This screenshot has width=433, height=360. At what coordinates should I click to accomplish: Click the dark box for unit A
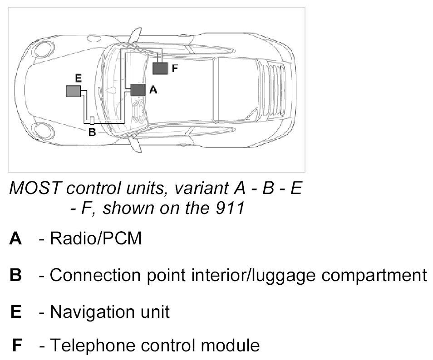pos(138,90)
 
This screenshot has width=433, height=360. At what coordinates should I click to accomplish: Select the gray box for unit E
pos(73,91)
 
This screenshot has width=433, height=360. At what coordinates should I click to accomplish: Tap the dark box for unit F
pos(160,68)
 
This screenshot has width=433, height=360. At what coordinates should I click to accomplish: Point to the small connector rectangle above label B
pos(92,120)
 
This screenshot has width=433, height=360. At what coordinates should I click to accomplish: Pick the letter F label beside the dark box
pos(175,68)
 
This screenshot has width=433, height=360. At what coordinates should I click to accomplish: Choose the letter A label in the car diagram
pos(153,90)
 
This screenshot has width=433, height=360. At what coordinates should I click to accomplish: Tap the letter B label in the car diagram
pos(92,132)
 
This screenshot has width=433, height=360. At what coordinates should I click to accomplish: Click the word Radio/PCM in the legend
pos(96,238)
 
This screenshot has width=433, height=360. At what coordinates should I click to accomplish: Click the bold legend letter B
pos(15,275)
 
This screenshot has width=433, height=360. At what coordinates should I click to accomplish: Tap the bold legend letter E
pos(16,312)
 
